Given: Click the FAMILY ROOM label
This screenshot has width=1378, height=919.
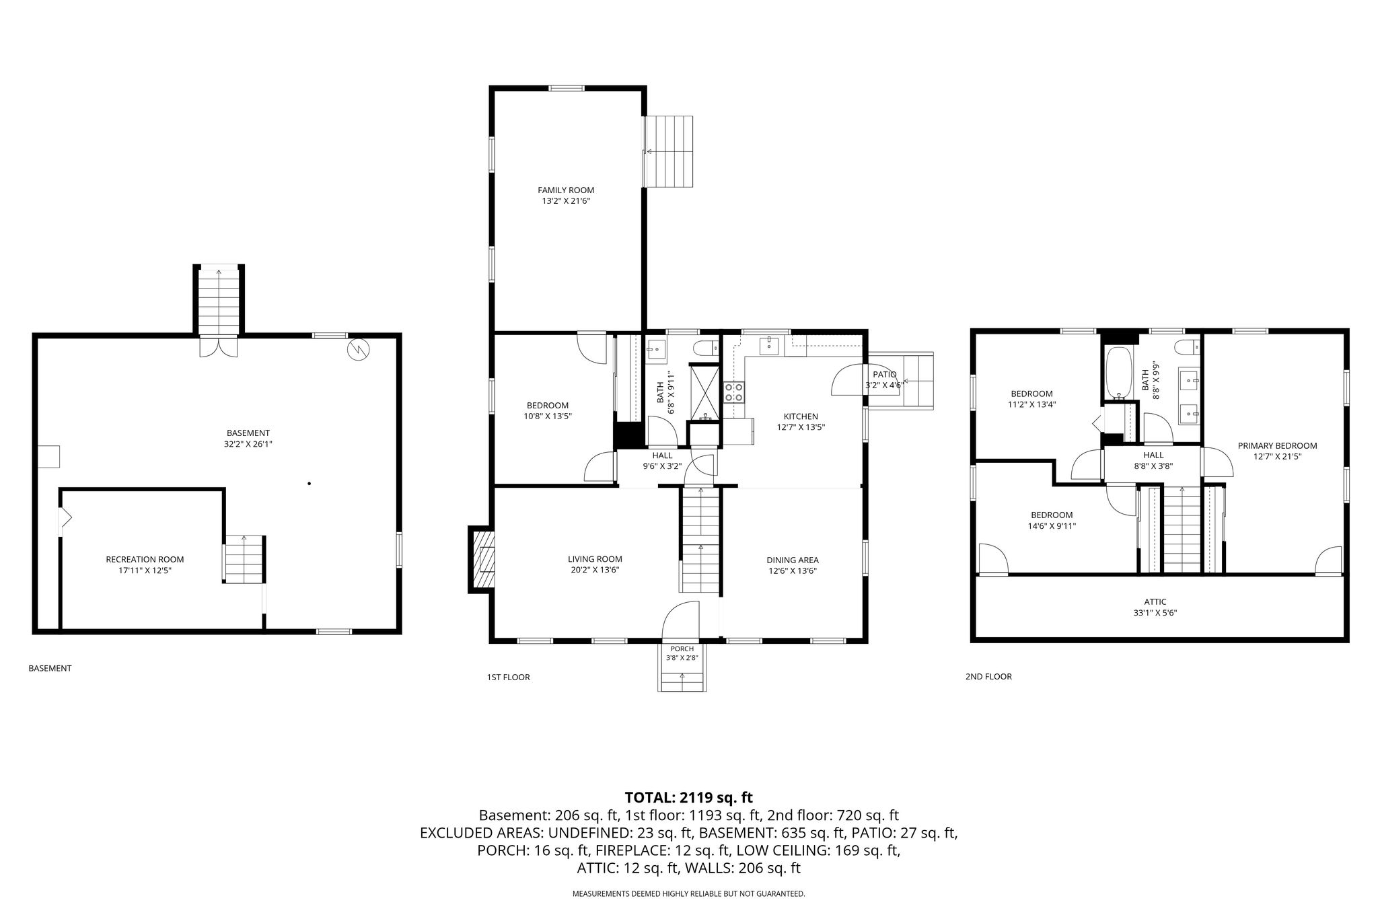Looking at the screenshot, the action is (x=566, y=190).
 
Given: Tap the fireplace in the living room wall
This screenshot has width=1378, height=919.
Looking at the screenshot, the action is (x=482, y=559).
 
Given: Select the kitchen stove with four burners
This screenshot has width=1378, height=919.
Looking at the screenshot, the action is (x=734, y=392).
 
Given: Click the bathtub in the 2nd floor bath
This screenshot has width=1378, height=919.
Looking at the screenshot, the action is (x=1118, y=373).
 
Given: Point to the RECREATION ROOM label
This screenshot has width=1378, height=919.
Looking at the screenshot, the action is (x=145, y=559).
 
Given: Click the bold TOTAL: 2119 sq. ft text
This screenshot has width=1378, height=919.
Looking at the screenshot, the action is (x=688, y=798).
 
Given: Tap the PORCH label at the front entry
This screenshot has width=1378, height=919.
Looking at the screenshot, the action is (x=682, y=649).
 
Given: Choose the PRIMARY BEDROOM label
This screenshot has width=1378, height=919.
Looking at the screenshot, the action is (x=1277, y=445).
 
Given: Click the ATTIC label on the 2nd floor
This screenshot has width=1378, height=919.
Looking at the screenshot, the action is (x=1155, y=602).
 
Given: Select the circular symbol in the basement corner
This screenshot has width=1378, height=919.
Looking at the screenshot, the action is (x=357, y=348).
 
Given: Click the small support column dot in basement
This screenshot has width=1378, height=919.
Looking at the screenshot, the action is (x=309, y=483).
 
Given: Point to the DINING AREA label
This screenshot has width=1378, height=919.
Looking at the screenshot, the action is (x=793, y=560).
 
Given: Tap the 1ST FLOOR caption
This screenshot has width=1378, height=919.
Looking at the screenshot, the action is (x=508, y=677).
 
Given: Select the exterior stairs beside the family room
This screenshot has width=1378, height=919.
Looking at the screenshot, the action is (x=669, y=151).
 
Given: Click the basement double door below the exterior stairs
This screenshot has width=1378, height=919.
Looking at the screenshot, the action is (x=219, y=345).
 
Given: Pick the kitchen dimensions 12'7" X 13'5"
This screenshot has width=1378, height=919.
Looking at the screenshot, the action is (x=801, y=427).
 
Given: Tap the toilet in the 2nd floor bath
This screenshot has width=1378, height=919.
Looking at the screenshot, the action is (x=1188, y=348).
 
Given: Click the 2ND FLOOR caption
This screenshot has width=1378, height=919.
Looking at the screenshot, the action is (x=988, y=677).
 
